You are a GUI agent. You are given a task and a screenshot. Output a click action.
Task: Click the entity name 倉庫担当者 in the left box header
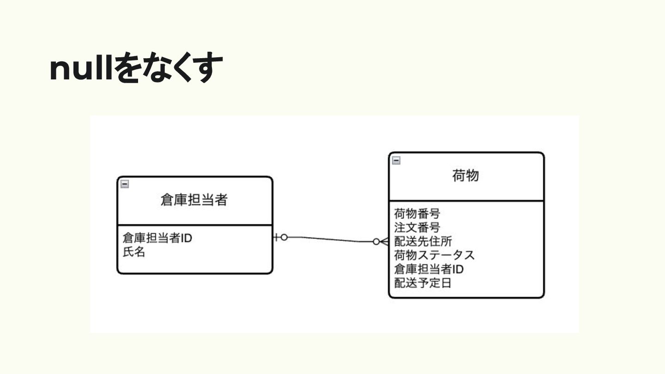(194, 200)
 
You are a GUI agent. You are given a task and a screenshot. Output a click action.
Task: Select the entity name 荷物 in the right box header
(465, 175)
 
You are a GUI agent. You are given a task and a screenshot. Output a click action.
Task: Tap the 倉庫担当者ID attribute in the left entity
(157, 238)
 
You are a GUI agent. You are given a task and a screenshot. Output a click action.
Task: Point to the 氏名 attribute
(134, 252)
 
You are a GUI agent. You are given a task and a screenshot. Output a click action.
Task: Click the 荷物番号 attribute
(417, 214)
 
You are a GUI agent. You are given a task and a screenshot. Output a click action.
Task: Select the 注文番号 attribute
(417, 227)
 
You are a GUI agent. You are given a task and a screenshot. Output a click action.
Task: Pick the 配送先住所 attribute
(423, 241)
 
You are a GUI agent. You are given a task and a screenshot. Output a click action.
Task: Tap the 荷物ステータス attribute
(434, 255)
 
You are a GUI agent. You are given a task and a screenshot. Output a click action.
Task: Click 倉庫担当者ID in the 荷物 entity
(429, 269)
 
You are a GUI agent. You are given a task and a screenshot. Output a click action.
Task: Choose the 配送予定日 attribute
(423, 283)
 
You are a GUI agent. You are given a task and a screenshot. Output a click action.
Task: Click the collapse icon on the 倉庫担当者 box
(125, 184)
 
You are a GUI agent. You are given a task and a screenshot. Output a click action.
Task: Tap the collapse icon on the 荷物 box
(396, 161)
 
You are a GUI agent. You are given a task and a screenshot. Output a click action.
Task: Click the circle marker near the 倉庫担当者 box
(284, 237)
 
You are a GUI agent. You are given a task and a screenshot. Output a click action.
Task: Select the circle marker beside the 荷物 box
(376, 241)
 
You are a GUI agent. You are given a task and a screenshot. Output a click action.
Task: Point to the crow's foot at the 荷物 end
(384, 241)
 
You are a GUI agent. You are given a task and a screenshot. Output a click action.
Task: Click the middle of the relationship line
(330, 239)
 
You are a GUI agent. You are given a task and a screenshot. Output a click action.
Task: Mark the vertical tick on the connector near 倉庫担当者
(277, 237)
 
